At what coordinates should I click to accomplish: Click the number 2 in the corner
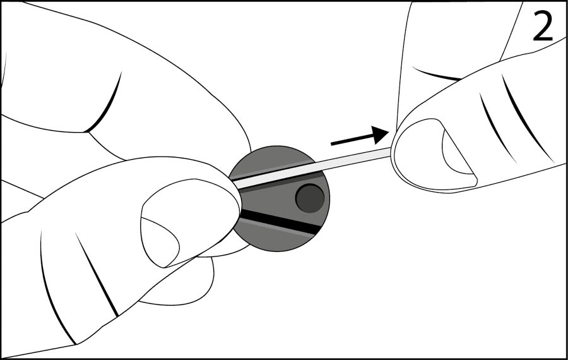click(x=543, y=27)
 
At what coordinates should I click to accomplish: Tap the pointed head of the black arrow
click(x=381, y=135)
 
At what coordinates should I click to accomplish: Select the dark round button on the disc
click(x=310, y=198)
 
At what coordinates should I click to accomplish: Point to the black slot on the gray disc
click(x=280, y=221)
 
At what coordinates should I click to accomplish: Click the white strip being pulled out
click(x=312, y=168)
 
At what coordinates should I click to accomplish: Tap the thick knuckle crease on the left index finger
click(x=104, y=104)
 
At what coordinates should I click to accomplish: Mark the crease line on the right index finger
click(x=437, y=75)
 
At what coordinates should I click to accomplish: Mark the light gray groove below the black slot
click(x=275, y=229)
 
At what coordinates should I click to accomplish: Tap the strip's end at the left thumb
click(x=235, y=183)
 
